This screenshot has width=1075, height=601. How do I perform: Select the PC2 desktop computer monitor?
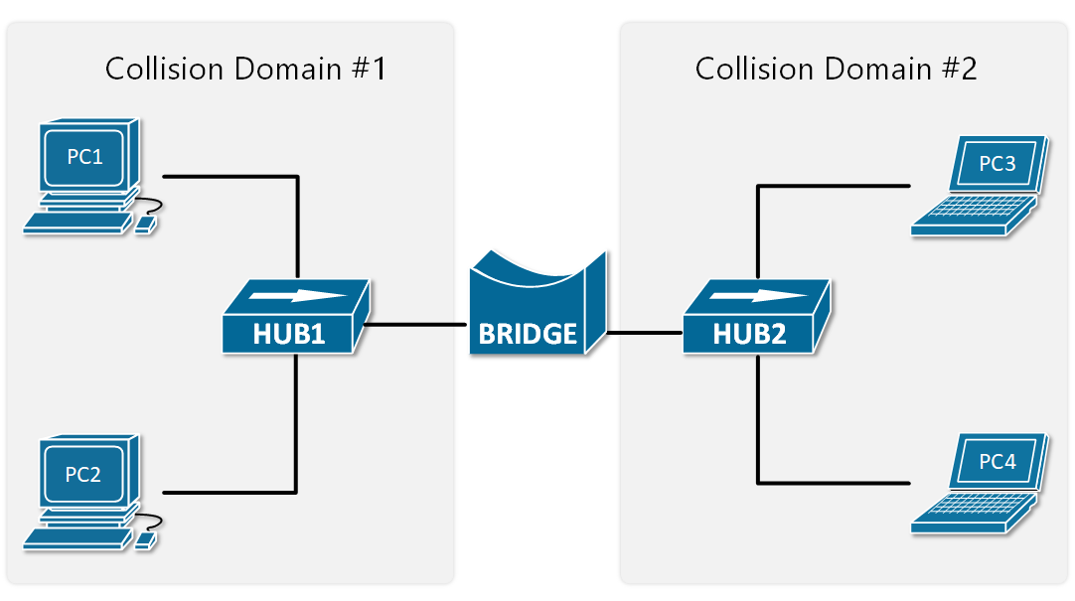coord(83,473)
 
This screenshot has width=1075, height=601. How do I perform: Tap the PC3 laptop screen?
coord(997,164)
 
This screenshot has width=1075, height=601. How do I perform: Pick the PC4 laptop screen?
coord(997,461)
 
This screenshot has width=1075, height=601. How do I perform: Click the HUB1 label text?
coord(288,334)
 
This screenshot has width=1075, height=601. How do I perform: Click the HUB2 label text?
coord(749,334)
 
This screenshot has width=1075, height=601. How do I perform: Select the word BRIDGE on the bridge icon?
coord(528,334)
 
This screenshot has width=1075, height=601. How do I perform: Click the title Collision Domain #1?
coord(244,69)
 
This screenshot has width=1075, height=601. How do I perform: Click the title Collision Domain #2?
coord(836,69)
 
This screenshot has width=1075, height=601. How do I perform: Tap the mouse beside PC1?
coord(145,226)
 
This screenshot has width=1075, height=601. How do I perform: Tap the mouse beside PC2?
coord(145,541)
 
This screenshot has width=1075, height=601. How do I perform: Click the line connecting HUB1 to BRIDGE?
coord(417,325)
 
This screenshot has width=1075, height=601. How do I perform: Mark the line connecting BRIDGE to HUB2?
coord(644,333)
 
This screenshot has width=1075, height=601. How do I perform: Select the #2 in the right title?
coord(960,69)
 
